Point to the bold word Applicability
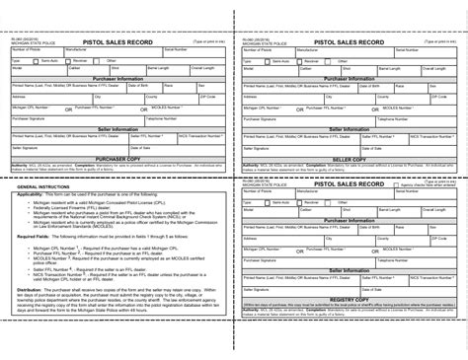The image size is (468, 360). click(x=35, y=195)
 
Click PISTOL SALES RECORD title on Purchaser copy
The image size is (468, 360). click(x=117, y=43)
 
